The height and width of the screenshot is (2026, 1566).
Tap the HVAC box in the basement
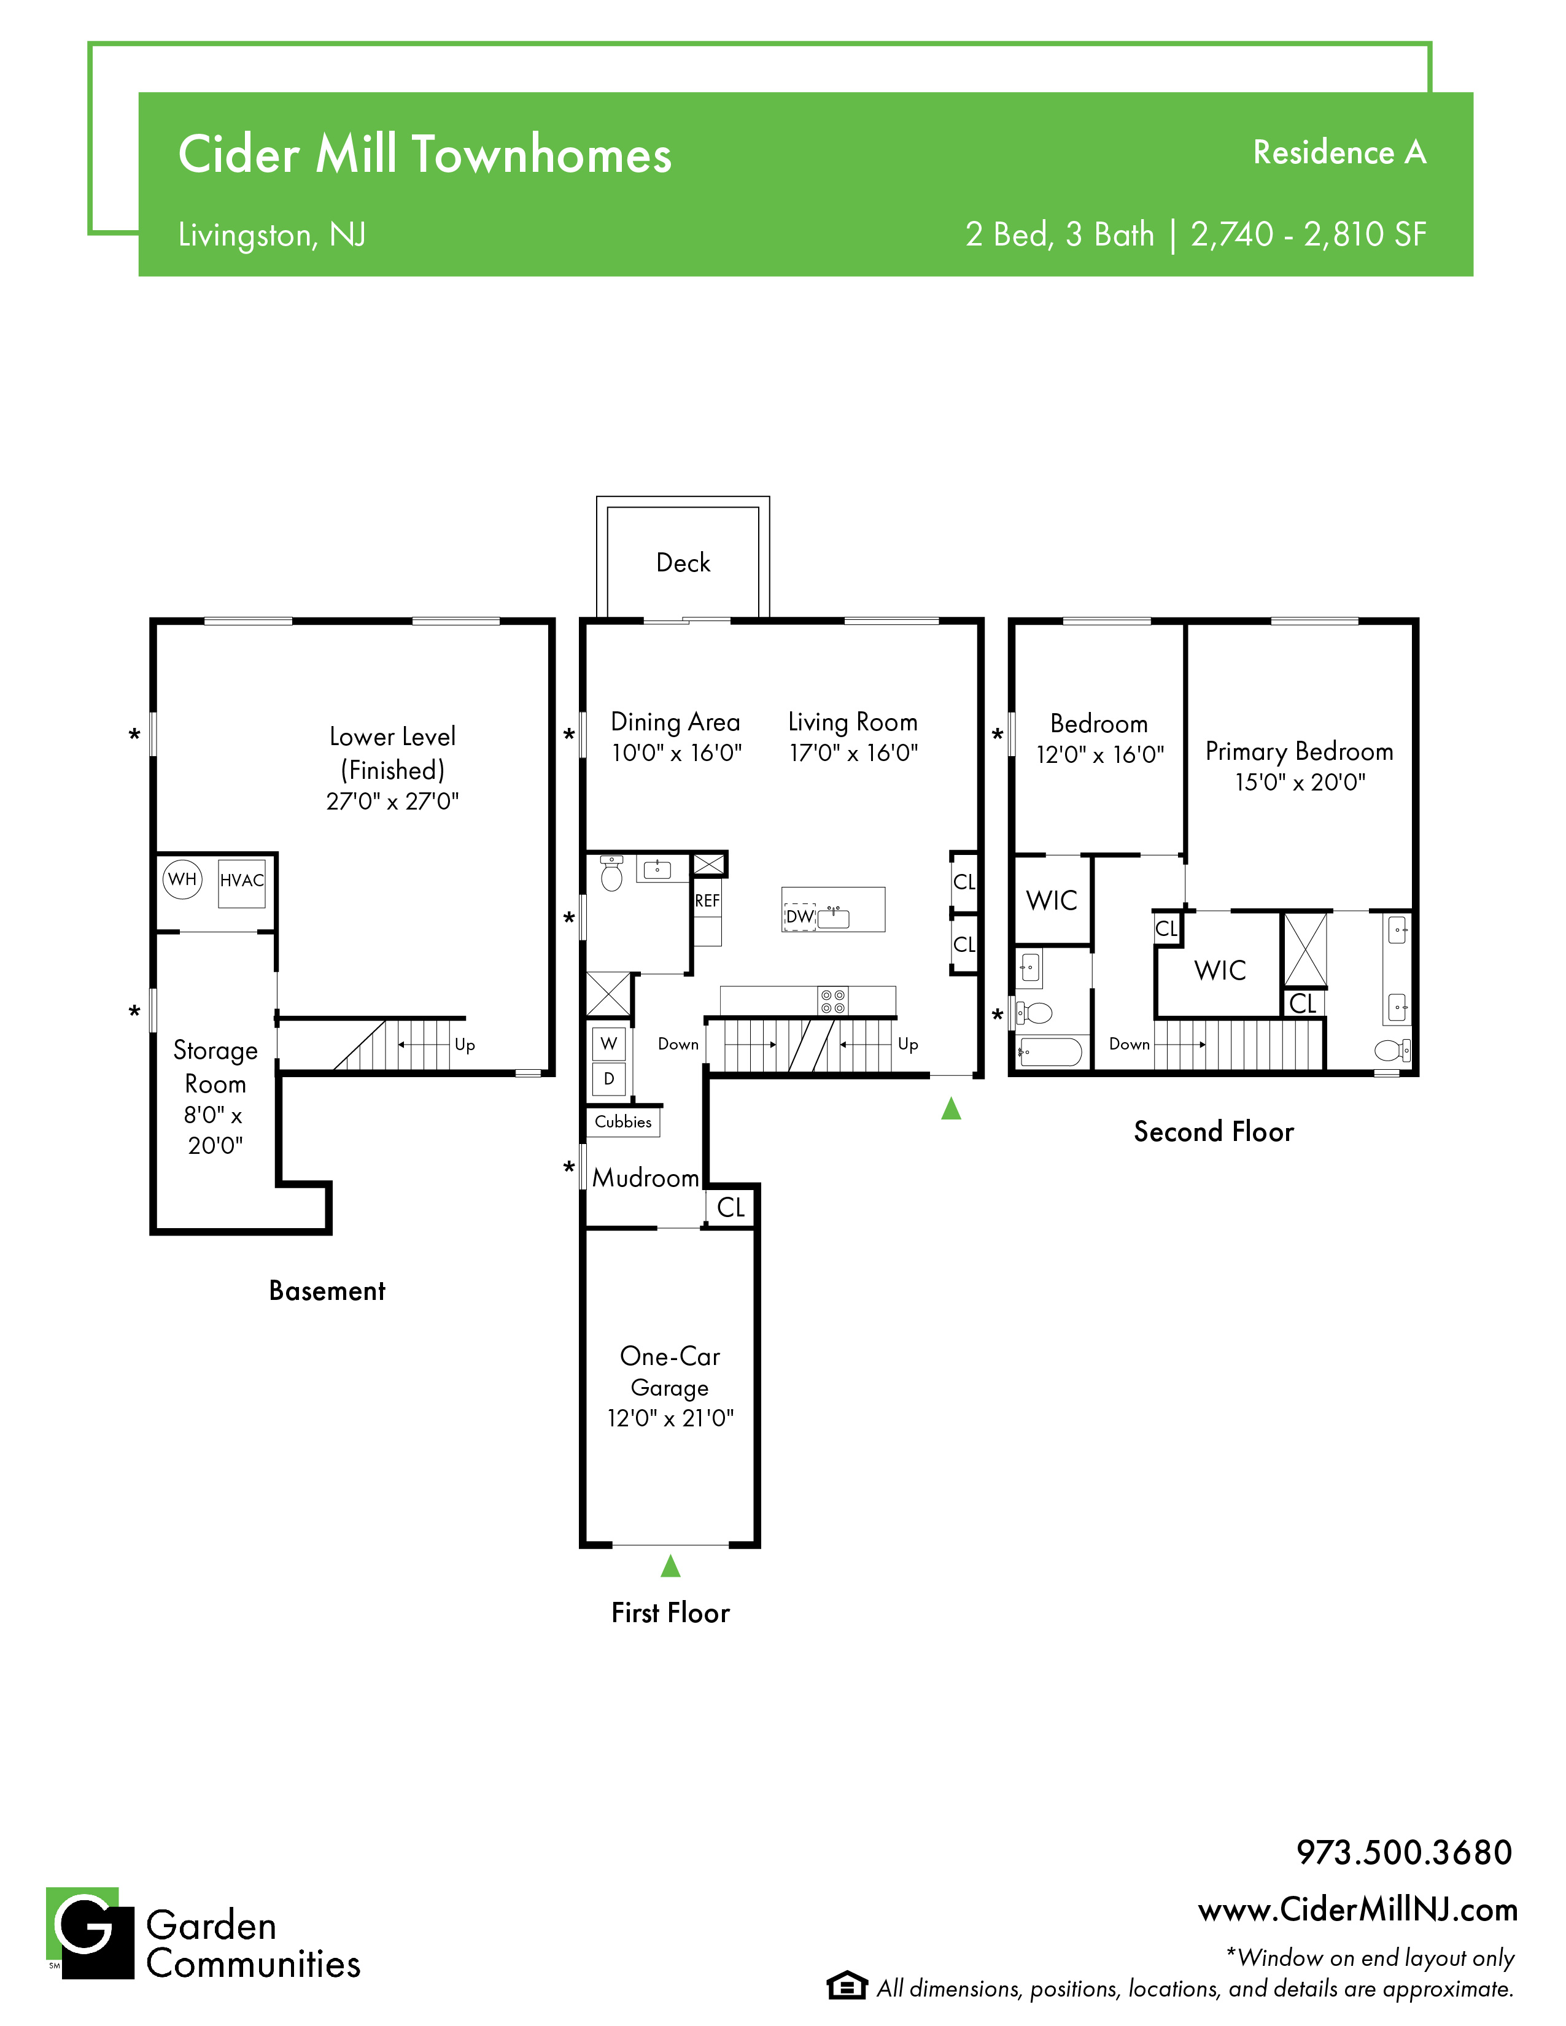(x=241, y=884)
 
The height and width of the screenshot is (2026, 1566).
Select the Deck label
(x=683, y=562)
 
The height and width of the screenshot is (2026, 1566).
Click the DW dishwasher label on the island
(x=799, y=916)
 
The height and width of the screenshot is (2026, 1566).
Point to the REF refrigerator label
(x=707, y=901)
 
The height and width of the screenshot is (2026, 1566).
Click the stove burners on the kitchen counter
(x=832, y=1001)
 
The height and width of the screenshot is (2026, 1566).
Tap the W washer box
(x=608, y=1043)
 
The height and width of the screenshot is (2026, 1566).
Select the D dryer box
(x=608, y=1079)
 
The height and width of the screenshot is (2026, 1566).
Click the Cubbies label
(x=624, y=1121)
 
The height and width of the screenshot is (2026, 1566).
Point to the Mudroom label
(x=646, y=1178)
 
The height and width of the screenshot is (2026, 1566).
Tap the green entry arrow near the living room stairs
(x=951, y=1108)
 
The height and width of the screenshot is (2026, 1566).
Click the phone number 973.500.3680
(x=1404, y=1852)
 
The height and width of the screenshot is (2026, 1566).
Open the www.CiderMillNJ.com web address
(x=1358, y=1909)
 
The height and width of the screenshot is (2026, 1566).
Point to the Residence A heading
(x=1339, y=152)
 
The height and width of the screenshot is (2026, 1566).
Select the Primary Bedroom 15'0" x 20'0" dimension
(x=1300, y=782)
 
